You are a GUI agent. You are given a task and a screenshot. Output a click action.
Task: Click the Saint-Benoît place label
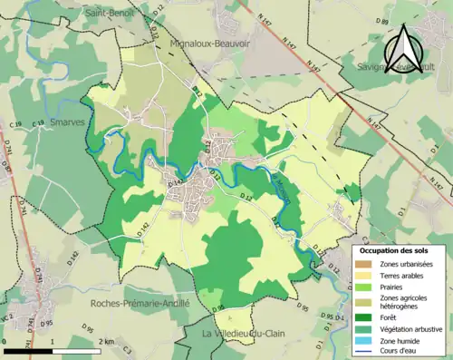click(x=111, y=14)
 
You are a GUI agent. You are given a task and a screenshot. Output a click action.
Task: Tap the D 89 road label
click(x=381, y=21)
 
